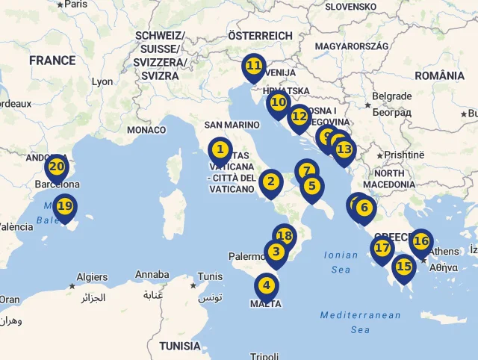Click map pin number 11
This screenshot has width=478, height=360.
pyautogui.click(x=254, y=66)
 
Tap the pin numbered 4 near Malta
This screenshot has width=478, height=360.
pyautogui.click(x=266, y=285)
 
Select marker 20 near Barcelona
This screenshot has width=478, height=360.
pyautogui.click(x=57, y=166)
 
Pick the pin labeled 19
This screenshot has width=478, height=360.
pyautogui.click(x=65, y=205)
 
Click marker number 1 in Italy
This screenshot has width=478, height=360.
pyautogui.click(x=220, y=149)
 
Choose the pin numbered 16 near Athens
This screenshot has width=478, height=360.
pyautogui.click(x=421, y=240)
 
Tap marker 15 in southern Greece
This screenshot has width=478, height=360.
pyautogui.click(x=403, y=266)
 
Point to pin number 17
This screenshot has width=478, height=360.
pyautogui.click(x=382, y=248)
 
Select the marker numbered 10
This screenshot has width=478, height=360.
pyautogui.click(x=279, y=102)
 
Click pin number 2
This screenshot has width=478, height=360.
pyautogui.click(x=270, y=181)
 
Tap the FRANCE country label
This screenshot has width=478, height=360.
pyautogui.click(x=52, y=60)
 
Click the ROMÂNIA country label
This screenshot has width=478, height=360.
pyautogui.click(x=439, y=75)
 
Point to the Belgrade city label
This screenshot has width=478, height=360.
pyautogui.click(x=392, y=96)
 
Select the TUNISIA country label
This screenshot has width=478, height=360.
pyautogui.click(x=180, y=346)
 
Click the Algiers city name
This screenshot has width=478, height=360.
pyautogui.click(x=93, y=277)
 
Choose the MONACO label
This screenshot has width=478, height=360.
pyautogui.click(x=146, y=129)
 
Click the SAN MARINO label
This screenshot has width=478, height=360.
pyautogui.click(x=232, y=125)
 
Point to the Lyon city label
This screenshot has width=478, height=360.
pyautogui.click(x=102, y=81)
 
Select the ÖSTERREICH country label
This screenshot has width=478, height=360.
pyautogui.click(x=260, y=35)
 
